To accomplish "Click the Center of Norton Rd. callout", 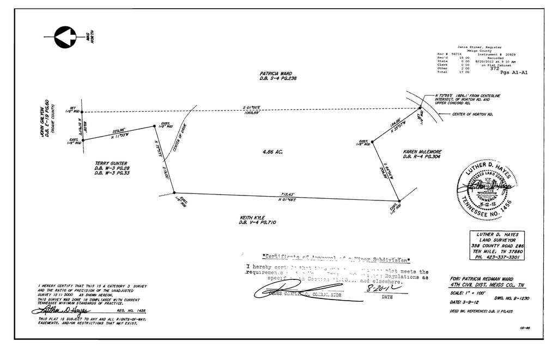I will point(472,114).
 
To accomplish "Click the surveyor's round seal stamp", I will point(489,188).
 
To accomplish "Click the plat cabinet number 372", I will point(494,69).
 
